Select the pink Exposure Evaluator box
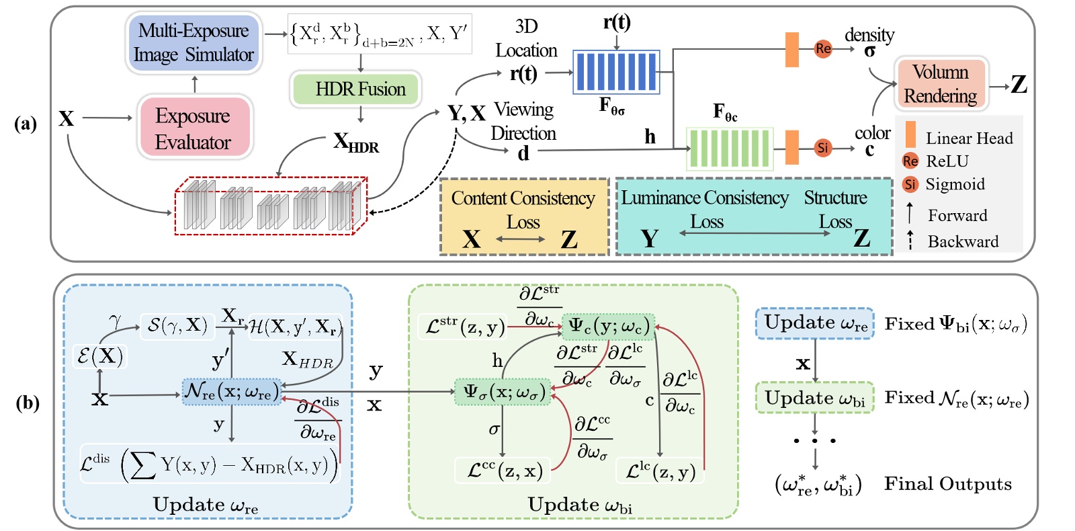click(x=194, y=128)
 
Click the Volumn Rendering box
click(x=940, y=84)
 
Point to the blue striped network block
click(x=616, y=72)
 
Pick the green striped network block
click(x=729, y=148)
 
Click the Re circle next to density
click(x=823, y=48)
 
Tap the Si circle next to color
click(x=822, y=148)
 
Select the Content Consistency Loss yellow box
click(x=524, y=217)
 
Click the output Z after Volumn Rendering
click(x=1019, y=85)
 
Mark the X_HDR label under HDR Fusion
click(x=355, y=142)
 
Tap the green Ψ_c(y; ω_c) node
click(x=608, y=326)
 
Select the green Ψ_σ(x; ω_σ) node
click(x=503, y=392)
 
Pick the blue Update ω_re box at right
click(x=814, y=323)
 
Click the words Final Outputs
click(x=947, y=484)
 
